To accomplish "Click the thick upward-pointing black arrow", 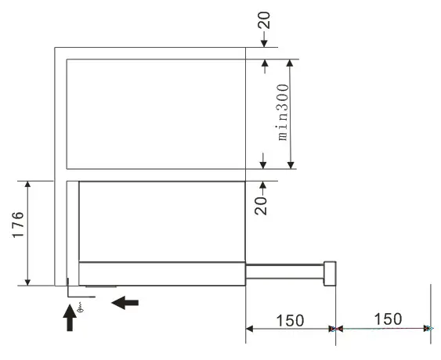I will pos(70,316).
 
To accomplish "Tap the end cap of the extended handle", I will pos(331,272).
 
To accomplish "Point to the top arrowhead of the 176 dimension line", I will pos(28,185).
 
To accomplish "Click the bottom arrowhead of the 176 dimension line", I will pos(28,282).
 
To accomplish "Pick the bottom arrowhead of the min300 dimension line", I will pos(291,164).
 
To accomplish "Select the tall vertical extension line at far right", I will pos(431,305).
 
